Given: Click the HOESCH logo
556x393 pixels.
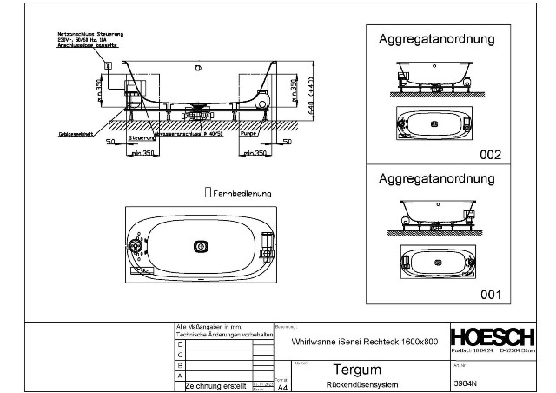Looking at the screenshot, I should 494,337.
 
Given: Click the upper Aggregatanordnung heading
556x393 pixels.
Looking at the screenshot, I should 436,39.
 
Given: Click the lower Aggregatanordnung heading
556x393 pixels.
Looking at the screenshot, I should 436,179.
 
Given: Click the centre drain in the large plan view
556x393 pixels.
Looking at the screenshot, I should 201,246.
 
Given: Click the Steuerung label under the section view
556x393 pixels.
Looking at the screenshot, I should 142,137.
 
